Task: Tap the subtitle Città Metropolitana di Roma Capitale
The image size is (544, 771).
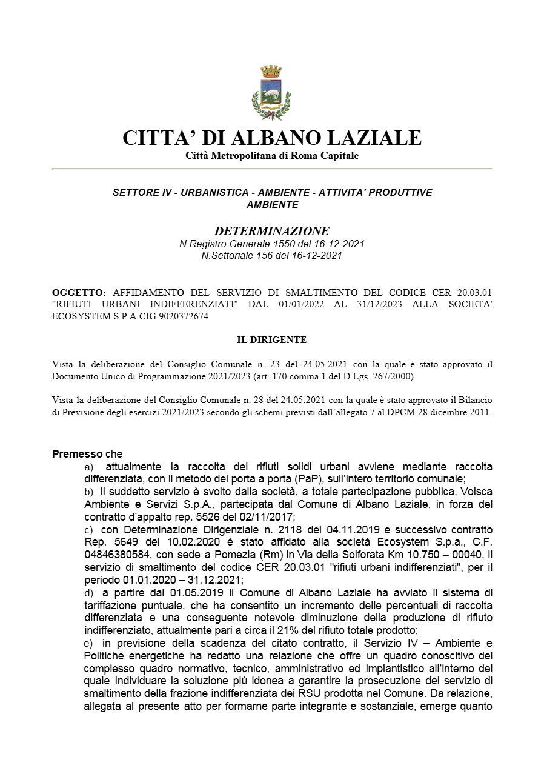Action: (272, 156)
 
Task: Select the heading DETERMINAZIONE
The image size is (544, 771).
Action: (272, 231)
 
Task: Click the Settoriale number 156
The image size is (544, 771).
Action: (264, 255)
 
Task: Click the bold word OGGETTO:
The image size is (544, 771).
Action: (79, 292)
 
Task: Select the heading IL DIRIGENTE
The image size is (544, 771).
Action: (271, 340)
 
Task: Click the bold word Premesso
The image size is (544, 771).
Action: (77, 454)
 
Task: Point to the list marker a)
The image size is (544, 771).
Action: (89, 467)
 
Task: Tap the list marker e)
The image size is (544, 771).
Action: (89, 643)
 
